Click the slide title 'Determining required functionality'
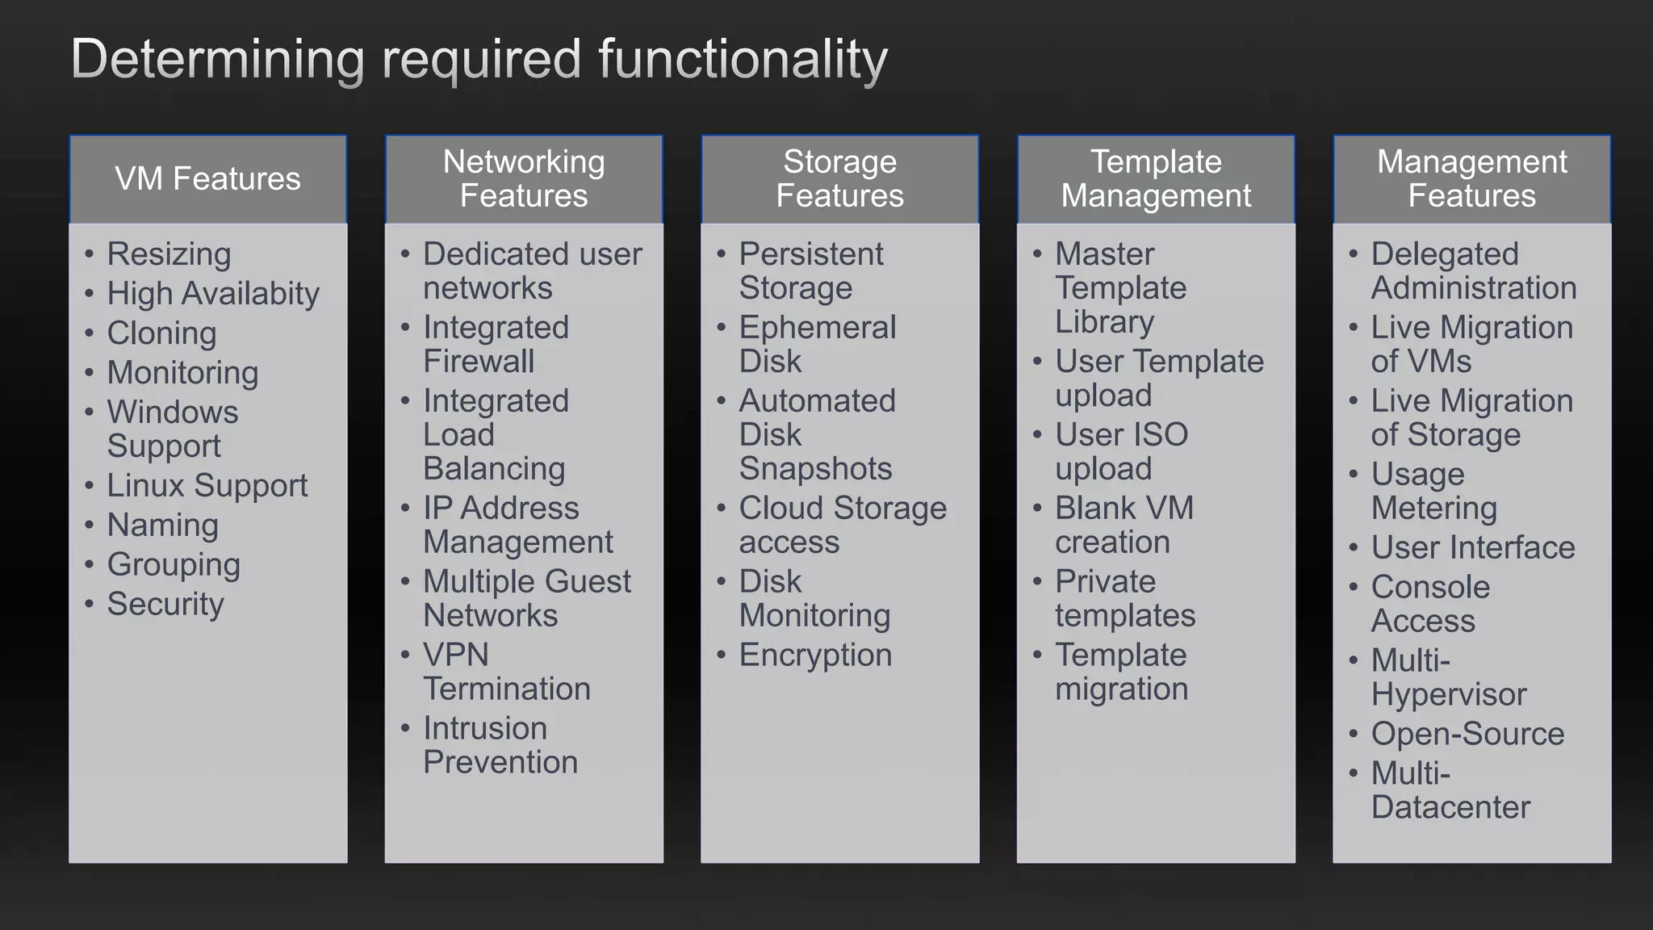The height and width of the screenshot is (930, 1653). tap(479, 60)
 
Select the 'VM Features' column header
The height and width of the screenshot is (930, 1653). tap(207, 179)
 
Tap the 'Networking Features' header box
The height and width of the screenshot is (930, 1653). tap(524, 179)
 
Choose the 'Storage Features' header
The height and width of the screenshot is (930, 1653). tap(839, 179)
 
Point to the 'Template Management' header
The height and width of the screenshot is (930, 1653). tap(1156, 179)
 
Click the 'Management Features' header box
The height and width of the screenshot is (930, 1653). tap(1471, 179)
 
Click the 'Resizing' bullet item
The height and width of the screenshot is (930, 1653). tap(169, 254)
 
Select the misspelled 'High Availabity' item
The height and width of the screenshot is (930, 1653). tap(213, 294)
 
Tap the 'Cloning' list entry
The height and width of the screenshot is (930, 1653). tap(161, 333)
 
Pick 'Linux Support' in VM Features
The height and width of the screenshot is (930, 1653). tap(207, 486)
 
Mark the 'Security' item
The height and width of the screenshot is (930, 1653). tap(165, 605)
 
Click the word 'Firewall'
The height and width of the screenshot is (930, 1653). tap(479, 362)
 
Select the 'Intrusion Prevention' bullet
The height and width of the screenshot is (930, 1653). tap(500, 746)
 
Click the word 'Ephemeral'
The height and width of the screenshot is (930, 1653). tap(818, 328)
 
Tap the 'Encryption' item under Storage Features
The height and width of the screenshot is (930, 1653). tap(815, 656)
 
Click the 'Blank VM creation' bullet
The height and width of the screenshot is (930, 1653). tap(1124, 526)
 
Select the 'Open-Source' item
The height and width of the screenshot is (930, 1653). tap(1467, 735)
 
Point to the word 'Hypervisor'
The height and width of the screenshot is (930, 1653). tap(1448, 695)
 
